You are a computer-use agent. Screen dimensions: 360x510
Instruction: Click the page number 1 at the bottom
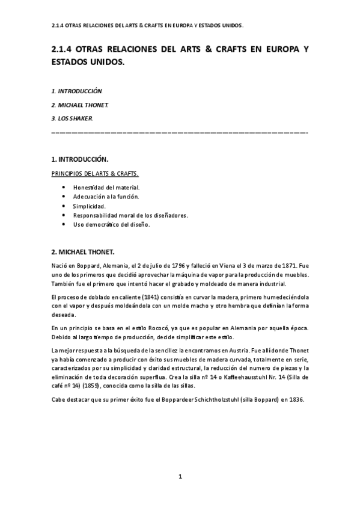180,476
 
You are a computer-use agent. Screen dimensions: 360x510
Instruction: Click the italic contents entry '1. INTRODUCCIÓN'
77,91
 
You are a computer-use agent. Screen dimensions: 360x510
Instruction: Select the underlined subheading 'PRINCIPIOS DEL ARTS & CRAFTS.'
96,175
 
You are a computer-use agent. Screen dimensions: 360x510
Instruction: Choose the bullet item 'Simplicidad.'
90,206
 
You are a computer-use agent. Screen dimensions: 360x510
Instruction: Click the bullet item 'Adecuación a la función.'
106,197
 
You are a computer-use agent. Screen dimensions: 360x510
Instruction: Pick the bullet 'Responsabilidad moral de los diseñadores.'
130,215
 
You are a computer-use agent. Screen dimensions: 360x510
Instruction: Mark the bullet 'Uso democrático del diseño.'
111,224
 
